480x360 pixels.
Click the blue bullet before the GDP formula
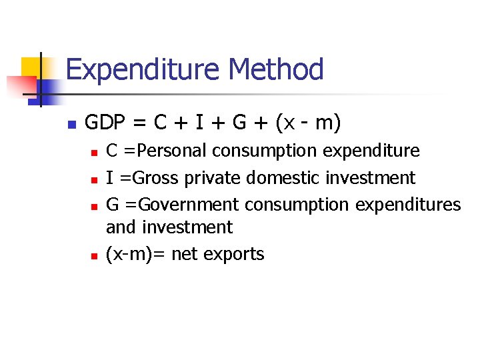(72, 124)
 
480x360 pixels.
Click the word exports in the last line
(237, 254)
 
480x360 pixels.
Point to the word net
(186, 254)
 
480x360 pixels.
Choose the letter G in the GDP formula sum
(239, 123)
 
